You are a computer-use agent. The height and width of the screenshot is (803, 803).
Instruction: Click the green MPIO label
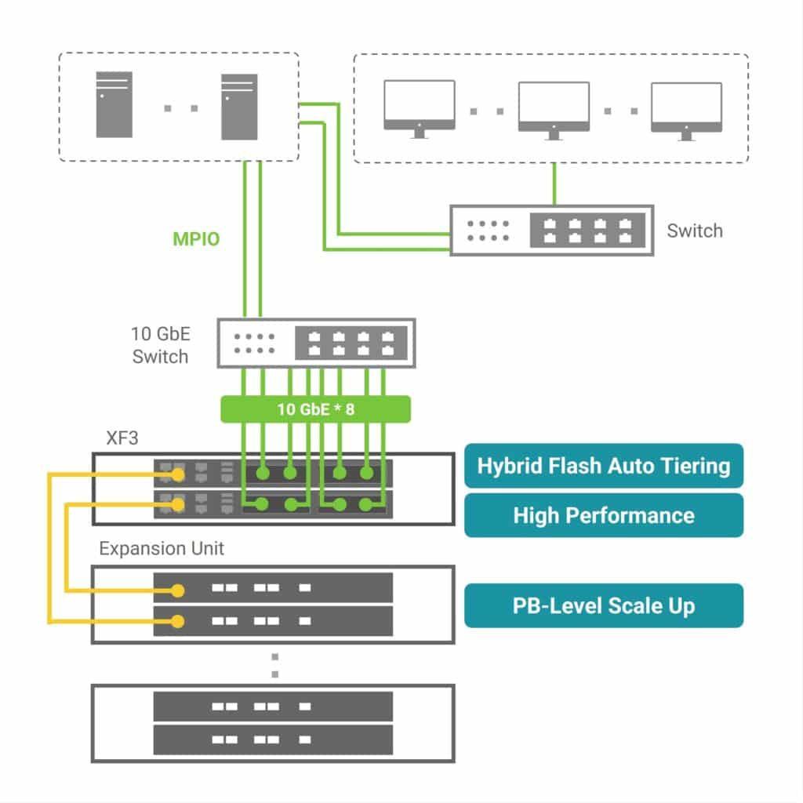(196, 239)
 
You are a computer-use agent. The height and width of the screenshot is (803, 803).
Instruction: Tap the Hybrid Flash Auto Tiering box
(603, 466)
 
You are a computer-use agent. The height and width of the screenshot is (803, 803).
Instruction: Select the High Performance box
(603, 515)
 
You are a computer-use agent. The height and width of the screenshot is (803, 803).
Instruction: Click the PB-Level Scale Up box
(603, 605)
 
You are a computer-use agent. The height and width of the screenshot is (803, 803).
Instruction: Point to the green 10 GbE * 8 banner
(315, 409)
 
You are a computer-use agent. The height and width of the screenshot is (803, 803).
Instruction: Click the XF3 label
(122, 438)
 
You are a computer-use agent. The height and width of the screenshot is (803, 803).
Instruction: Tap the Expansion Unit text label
(161, 548)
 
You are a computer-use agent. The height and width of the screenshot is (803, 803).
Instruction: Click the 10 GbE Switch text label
(160, 345)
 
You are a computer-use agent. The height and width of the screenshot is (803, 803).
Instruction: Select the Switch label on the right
(694, 231)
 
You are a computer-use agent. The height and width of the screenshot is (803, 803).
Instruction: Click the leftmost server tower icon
(114, 105)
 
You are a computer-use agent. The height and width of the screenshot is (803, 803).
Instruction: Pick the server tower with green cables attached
(239, 106)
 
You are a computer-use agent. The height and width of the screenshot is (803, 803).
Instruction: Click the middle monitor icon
(554, 109)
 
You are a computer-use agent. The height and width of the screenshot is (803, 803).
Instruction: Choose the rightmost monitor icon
(687, 109)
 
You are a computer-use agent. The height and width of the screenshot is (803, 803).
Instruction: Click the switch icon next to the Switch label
(551, 230)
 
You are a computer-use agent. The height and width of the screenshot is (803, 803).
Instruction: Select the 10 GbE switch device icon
(315, 343)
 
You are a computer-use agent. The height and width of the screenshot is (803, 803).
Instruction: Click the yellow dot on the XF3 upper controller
(180, 474)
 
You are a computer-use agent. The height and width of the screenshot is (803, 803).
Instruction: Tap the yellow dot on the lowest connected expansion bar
(180, 621)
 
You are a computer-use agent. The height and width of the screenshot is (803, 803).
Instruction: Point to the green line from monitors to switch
(554, 183)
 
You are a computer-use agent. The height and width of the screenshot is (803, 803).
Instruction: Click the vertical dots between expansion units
(274, 665)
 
